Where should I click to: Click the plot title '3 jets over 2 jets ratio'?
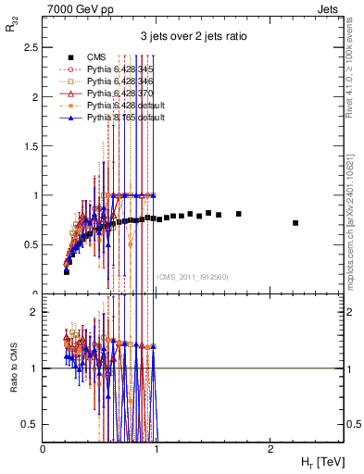point(193,36)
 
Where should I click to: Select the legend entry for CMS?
point(95,58)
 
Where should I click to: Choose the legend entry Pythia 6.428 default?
point(126,106)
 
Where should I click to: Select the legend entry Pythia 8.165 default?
point(126,118)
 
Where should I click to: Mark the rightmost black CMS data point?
point(295,223)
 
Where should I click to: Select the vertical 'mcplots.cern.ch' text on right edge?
point(353,185)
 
